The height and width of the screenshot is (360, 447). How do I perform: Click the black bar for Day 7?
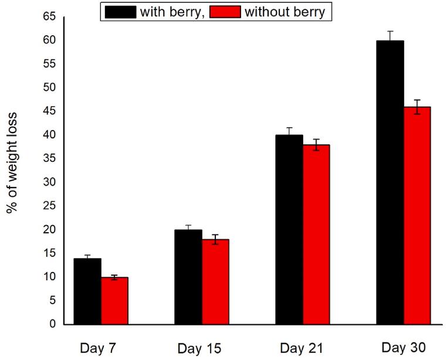click(87, 291)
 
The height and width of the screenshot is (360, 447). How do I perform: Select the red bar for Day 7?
click(114, 301)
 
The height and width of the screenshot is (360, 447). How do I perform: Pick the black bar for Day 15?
click(188, 277)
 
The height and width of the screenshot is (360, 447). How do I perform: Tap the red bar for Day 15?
click(215, 281)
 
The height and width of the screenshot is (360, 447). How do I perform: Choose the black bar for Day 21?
click(289, 229)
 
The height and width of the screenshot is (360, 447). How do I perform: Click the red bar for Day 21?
click(316, 234)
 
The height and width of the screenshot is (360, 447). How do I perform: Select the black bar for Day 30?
click(390, 182)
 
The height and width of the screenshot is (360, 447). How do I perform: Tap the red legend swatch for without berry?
click(222, 11)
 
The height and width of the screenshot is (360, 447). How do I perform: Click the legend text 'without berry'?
click(285, 11)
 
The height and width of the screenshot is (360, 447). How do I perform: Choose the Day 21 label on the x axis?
click(301, 348)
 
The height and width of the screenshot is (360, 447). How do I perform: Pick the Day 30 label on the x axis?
click(404, 348)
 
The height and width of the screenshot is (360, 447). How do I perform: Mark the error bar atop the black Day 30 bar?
click(390, 36)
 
